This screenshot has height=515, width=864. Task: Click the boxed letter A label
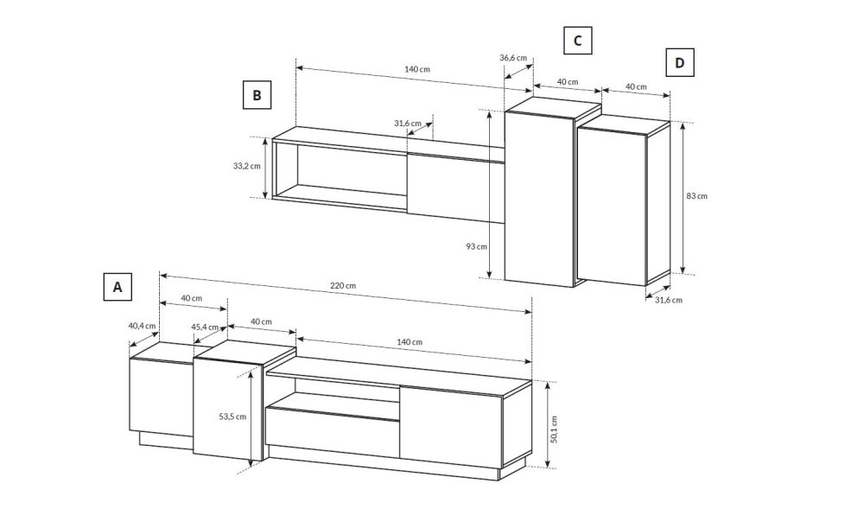coord(118,287)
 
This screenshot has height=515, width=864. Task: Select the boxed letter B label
coord(257,95)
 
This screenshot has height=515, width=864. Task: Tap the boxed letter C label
coord(577,41)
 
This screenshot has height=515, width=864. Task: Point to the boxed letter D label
coord(679,62)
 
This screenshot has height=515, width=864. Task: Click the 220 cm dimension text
coord(343,285)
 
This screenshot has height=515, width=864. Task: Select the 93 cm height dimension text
coord(477,246)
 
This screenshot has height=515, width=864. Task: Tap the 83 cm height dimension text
coord(697,195)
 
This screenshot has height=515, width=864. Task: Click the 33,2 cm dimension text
coord(246,165)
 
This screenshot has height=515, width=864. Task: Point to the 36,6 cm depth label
coord(513,58)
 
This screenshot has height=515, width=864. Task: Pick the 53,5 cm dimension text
coord(232,416)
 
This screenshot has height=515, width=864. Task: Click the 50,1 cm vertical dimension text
coord(554,429)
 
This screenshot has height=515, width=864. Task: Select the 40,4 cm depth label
coord(143,326)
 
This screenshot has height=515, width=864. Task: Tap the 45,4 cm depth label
coord(206,327)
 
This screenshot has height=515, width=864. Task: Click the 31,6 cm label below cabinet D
coord(669,300)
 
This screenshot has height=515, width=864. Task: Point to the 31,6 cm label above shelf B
coord(408,124)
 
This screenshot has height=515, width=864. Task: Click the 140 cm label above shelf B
coord(417,69)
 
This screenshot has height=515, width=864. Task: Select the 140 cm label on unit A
coord(410,342)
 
